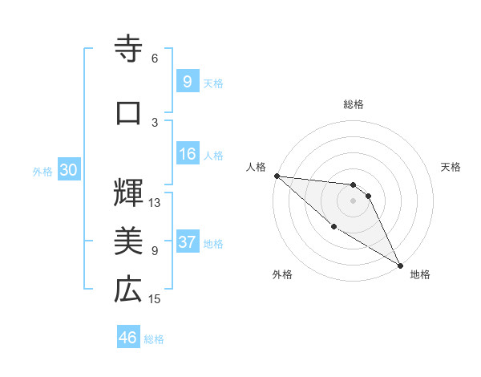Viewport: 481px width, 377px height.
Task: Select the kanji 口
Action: pos(128,113)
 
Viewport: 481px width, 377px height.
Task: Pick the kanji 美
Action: pos(128,241)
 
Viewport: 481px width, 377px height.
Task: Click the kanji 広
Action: pos(128,290)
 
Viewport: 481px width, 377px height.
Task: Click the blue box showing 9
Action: pos(187,81)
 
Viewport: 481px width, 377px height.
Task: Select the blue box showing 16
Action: pos(187,154)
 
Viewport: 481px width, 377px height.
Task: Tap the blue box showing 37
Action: pos(187,242)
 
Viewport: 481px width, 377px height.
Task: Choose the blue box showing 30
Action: pos(68,170)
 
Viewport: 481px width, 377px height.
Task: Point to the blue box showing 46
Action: pos(127,338)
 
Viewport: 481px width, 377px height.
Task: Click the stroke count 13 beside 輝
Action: pos(156,203)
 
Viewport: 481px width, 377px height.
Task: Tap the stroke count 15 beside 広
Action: pos(156,299)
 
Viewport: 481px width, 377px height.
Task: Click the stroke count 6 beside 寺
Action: pos(155,59)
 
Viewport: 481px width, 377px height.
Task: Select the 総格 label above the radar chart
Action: pos(353,104)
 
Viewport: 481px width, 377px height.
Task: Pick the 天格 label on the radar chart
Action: pos(451,167)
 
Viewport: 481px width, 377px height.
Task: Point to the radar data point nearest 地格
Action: pos(399,265)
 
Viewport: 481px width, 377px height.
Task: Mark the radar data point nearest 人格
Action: pos(277,176)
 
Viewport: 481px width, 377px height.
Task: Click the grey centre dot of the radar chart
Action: pos(353,201)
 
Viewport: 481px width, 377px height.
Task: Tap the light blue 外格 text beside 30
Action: pos(42,171)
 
